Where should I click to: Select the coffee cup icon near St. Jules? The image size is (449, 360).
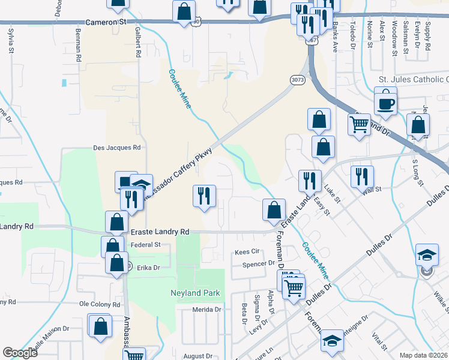385,102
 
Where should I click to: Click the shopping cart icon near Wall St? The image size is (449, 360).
359,125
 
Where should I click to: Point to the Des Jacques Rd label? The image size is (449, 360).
116,147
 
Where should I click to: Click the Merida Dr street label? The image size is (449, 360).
207,310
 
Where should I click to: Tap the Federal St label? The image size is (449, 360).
146,245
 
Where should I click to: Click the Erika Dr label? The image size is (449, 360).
148,268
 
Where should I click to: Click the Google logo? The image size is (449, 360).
20,353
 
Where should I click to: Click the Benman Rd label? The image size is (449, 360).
79,46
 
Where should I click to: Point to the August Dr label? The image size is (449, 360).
194,356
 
